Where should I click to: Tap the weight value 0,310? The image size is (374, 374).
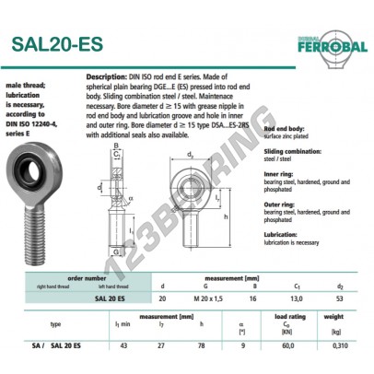pos(348,343)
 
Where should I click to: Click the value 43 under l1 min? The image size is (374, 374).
pos(121,343)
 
